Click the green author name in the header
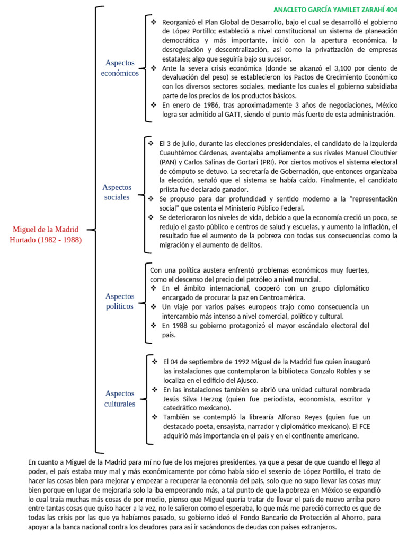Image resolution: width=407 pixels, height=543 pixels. click(335, 10)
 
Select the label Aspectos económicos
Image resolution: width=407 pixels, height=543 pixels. click(120, 68)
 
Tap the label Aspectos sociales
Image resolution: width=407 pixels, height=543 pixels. click(116, 192)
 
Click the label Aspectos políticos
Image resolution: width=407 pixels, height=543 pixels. click(120, 301)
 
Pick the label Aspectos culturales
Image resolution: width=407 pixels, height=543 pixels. click(120, 398)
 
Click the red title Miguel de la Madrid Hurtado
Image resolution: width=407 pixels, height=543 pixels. click(46, 234)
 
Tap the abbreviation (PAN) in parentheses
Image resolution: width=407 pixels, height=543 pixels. click(167, 162)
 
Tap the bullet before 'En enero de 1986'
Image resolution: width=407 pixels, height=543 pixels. click(154, 105)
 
